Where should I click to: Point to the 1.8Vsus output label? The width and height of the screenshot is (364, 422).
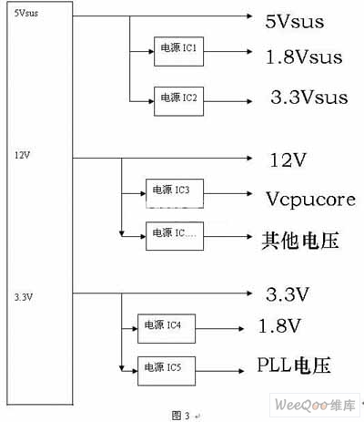pyautogui.click(x=304, y=57)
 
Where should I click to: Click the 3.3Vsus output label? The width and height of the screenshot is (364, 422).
pyautogui.click(x=309, y=98)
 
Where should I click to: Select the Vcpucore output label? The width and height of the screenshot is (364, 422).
pyautogui.click(x=311, y=200)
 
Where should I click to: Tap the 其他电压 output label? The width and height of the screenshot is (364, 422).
pyautogui.click(x=300, y=241)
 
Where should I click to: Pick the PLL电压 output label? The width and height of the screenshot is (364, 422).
pyautogui.click(x=294, y=365)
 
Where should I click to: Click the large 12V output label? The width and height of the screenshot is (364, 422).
pyautogui.click(x=288, y=160)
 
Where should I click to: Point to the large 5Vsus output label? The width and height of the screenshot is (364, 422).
pyautogui.click(x=295, y=22)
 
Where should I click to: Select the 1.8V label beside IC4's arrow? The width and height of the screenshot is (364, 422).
pyautogui.click(x=279, y=325)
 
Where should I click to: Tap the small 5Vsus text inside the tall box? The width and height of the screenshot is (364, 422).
pyautogui.click(x=26, y=13)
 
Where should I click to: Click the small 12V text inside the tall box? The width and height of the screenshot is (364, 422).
pyautogui.click(x=23, y=155)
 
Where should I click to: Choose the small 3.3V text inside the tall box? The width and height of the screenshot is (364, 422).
pyautogui.click(x=24, y=297)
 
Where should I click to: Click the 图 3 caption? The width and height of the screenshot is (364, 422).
pyautogui.click(x=181, y=416)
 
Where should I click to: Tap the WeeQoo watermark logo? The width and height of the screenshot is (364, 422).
pyautogui.click(x=315, y=405)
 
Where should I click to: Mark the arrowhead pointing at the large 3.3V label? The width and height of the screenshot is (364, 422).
pyautogui.click(x=249, y=293)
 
